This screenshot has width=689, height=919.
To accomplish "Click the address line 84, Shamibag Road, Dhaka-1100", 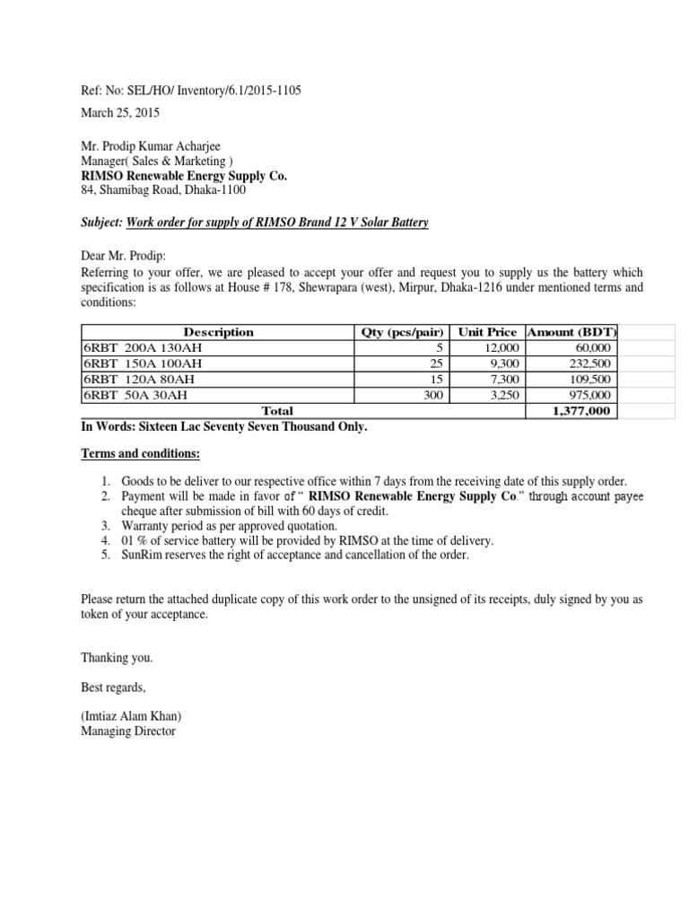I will pyautogui.click(x=162, y=190).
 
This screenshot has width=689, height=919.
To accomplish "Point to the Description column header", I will pyautogui.click(x=218, y=332).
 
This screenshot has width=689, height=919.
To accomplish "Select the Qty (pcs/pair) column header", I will pyautogui.click(x=403, y=332).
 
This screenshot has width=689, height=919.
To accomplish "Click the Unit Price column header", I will pyautogui.click(x=487, y=332).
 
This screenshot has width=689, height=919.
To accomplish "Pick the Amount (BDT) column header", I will pyautogui.click(x=572, y=332).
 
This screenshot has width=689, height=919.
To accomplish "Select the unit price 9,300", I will pyautogui.click(x=504, y=363).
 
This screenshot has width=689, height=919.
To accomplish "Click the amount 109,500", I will pyautogui.click(x=589, y=379).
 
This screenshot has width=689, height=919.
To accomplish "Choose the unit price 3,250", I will pyautogui.click(x=504, y=394).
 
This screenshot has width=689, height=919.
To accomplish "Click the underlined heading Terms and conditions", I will pyautogui.click(x=141, y=454).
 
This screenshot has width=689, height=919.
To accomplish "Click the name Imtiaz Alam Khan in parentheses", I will pyautogui.click(x=135, y=716).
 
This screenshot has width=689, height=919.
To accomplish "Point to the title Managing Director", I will pyautogui.click(x=128, y=731).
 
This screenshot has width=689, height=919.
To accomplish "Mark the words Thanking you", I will pyautogui.click(x=117, y=658).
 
